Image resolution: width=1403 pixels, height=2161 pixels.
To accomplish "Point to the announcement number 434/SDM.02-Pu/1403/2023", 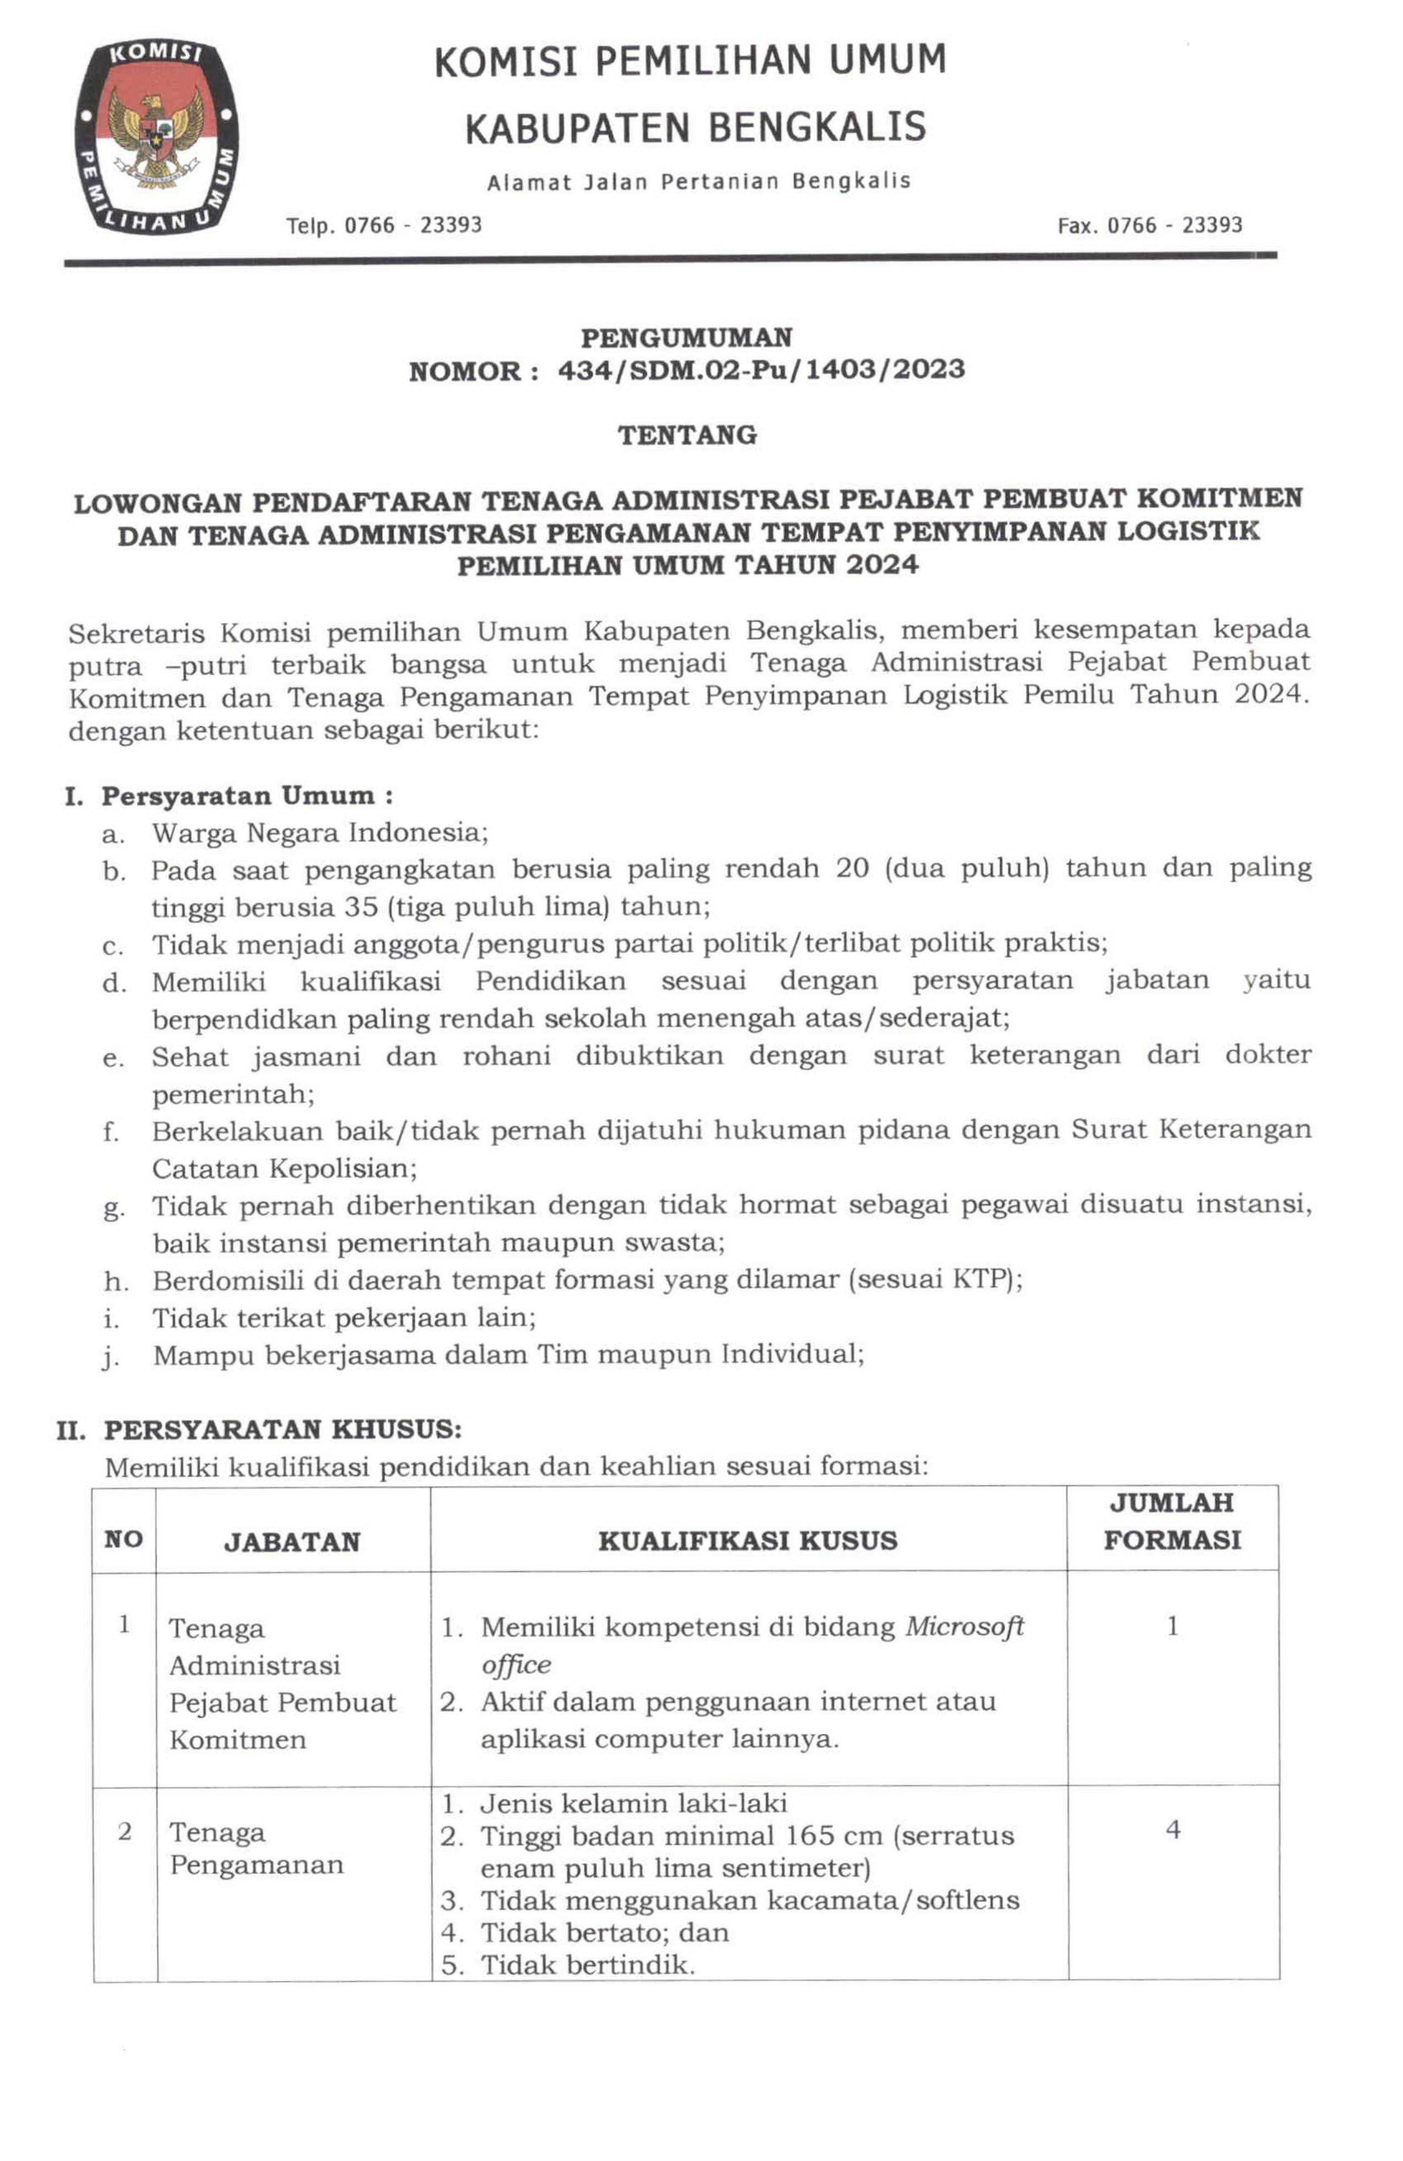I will (760, 370).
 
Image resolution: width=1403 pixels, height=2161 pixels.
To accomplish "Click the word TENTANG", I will (687, 435).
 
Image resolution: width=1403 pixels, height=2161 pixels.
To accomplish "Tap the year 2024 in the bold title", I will (882, 565).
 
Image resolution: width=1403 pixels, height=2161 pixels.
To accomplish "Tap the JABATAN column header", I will (292, 1542).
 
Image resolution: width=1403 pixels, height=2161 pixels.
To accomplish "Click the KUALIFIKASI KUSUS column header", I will (747, 1541).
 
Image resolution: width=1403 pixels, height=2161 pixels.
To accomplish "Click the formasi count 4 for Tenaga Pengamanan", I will (1172, 1830).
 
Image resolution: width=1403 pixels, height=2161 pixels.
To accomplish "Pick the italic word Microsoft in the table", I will (964, 1627).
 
